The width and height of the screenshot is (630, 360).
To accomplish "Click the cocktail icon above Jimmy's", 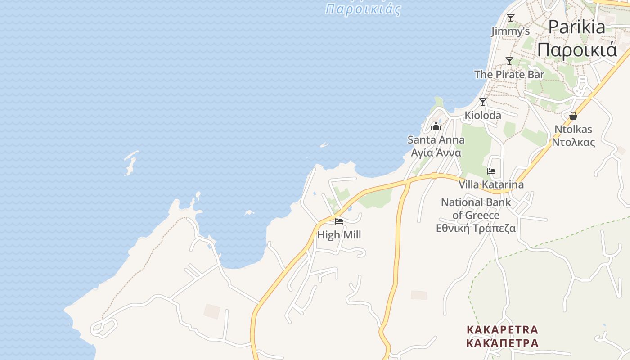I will pyautogui.click(x=510, y=18).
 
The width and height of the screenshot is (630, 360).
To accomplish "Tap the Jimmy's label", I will pyautogui.click(x=510, y=31).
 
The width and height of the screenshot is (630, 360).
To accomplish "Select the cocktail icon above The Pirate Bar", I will pyautogui.click(x=509, y=61).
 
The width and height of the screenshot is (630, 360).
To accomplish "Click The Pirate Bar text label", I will pyautogui.click(x=509, y=74).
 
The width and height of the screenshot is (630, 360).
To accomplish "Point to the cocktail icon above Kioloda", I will pyautogui.click(x=483, y=102).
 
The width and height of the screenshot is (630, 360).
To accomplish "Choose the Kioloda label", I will pyautogui.click(x=483, y=115).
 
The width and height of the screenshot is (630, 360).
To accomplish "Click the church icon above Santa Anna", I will pyautogui.click(x=436, y=127).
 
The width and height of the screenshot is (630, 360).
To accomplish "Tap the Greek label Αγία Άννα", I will pyautogui.click(x=436, y=153).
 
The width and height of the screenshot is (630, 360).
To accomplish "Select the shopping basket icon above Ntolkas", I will pyautogui.click(x=573, y=116).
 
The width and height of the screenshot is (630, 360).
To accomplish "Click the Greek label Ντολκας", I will pyautogui.click(x=573, y=143).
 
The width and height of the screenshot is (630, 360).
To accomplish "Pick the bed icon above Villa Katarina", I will pyautogui.click(x=491, y=171).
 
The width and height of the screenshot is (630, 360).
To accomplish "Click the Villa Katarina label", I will pyautogui.click(x=491, y=184).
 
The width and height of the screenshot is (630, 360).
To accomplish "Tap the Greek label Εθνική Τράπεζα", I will pyautogui.click(x=476, y=228).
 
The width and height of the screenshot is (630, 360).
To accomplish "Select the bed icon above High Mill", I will pyautogui.click(x=339, y=221).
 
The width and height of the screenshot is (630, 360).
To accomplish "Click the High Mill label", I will pyautogui.click(x=339, y=234).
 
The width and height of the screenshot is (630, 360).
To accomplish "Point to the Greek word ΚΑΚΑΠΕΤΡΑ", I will pyautogui.click(x=502, y=343).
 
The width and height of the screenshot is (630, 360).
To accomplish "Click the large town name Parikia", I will pyautogui.click(x=577, y=27).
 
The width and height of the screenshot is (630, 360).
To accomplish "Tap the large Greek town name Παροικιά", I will pyautogui.click(x=577, y=49).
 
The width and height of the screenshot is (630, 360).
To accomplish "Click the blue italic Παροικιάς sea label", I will pyautogui.click(x=363, y=9).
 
